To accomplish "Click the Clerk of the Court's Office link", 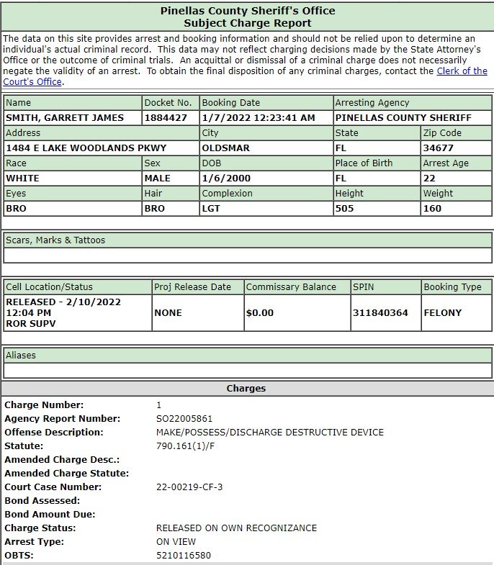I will click(x=461, y=71).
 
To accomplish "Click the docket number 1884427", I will click(x=167, y=118).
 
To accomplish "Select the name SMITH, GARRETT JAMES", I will click(x=65, y=118).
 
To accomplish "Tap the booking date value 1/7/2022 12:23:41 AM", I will click(x=259, y=118).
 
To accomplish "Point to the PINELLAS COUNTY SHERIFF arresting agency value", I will click(x=403, y=118).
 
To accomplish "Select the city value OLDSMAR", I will click(x=226, y=148).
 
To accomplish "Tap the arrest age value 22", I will click(x=430, y=178).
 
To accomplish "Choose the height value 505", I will click(x=346, y=209).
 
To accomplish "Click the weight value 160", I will click(x=432, y=209).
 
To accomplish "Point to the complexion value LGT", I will click(x=212, y=209).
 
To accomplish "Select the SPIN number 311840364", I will click(x=380, y=313).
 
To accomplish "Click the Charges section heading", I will click(x=246, y=389).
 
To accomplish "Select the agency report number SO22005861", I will click(x=184, y=419).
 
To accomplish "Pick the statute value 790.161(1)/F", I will click(x=185, y=446).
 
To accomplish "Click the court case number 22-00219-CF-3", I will click(x=189, y=487).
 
